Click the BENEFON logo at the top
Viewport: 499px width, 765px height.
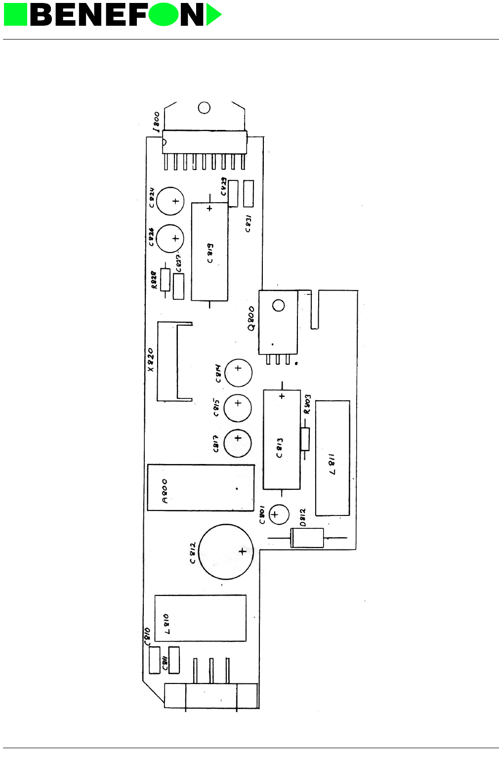[x=113, y=15]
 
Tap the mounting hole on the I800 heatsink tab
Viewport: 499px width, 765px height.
[x=204, y=108]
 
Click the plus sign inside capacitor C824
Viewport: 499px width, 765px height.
[x=175, y=201]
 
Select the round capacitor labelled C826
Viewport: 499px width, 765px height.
[x=170, y=238]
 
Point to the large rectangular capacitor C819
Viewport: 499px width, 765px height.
[x=209, y=252]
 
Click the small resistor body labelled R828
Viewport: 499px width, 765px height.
[x=165, y=280]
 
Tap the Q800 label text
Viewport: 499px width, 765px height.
[x=251, y=318]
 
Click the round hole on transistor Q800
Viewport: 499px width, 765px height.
[x=279, y=305]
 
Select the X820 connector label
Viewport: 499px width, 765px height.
[x=151, y=360]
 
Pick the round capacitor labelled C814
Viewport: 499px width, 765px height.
[x=238, y=373]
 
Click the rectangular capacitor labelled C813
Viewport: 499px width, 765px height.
[x=282, y=440]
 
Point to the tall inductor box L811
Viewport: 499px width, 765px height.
[x=333, y=458]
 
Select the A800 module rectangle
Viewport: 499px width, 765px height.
[x=201, y=488]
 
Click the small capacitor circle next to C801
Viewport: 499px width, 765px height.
[x=278, y=514]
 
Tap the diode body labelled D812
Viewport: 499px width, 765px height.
[x=307, y=538]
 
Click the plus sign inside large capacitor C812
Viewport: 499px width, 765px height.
[x=242, y=552]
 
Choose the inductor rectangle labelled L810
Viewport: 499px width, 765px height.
[x=200, y=618]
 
